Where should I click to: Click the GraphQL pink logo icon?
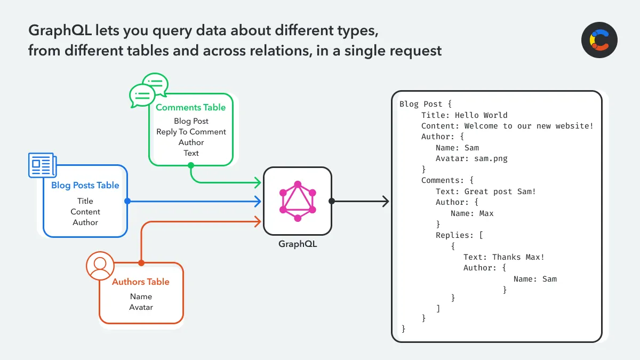[298, 201]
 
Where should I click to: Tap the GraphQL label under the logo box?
[298, 244]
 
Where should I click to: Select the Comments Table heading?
[190, 107]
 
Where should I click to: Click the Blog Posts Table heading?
[85, 186]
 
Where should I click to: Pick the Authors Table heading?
[141, 282]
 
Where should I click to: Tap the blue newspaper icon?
[42, 165]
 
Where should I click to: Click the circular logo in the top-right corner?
[599, 40]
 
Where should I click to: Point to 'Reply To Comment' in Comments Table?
[191, 132]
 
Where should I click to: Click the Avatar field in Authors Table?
[141, 307]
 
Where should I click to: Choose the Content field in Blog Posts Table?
[85, 212]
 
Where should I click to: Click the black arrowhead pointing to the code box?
[385, 201]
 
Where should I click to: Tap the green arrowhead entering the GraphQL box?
[258, 183]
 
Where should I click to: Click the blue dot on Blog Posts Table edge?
[127, 201]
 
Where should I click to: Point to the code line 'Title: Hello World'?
[464, 115]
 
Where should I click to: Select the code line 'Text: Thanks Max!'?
[503, 257]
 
